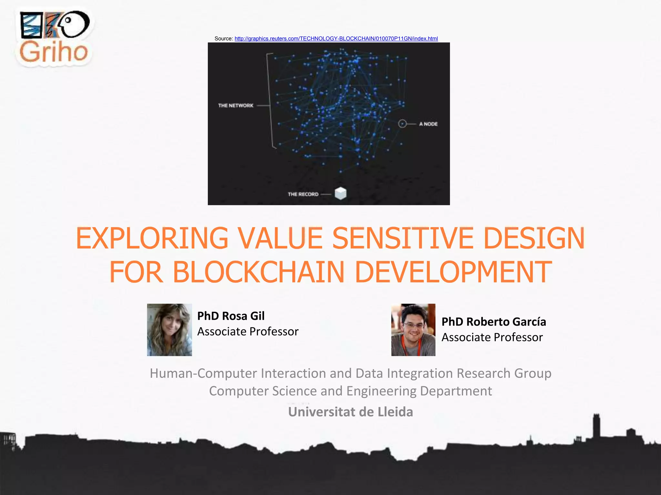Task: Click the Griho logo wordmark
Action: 54,52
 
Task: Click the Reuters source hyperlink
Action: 336,39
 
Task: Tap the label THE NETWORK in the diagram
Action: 236,106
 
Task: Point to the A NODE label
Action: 428,124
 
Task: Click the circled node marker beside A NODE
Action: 402,124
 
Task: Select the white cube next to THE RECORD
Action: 341,193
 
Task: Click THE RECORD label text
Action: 303,194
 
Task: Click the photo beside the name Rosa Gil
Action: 169,330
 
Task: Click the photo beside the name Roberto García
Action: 413,330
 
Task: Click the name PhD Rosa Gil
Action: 231,316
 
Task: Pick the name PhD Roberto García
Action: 493,322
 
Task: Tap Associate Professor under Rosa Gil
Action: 248,331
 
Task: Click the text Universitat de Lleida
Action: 350,412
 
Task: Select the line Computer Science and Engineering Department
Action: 350,391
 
